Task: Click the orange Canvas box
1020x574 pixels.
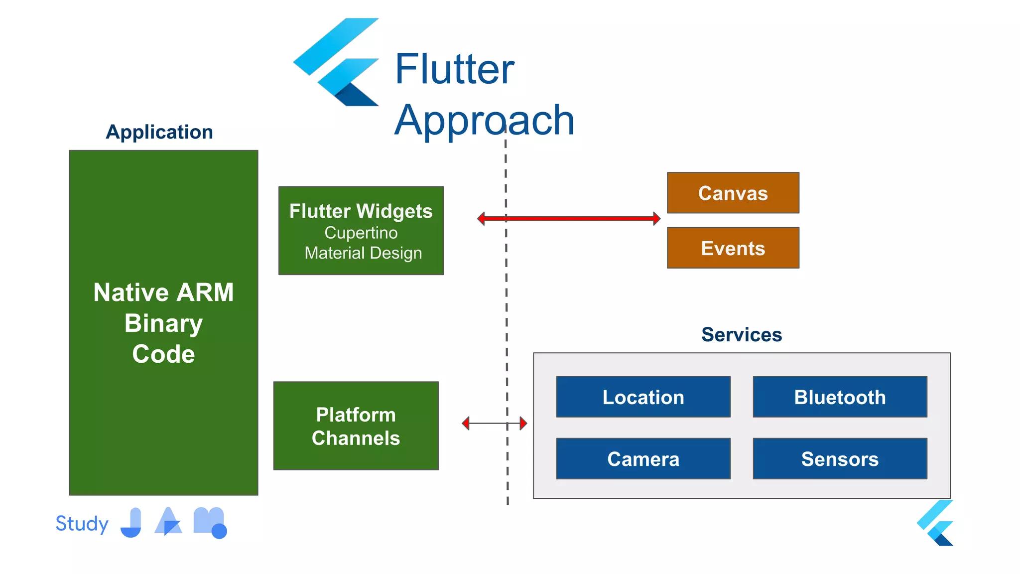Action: pos(733,193)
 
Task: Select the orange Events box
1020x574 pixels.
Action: pos(733,248)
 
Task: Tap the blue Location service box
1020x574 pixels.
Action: pos(643,397)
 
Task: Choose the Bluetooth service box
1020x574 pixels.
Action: pos(840,397)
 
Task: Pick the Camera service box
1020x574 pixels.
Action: pos(643,458)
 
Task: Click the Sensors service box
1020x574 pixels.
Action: pos(840,458)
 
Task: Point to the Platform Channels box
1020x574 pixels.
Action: pos(356,426)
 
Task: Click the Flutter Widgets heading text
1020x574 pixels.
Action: pos(361,211)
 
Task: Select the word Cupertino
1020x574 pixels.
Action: pos(361,233)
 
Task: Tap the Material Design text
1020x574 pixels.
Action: pos(363,253)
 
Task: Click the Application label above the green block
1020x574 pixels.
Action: pos(159,132)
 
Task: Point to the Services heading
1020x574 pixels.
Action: pos(742,334)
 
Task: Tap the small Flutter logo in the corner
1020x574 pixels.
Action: pos(936,523)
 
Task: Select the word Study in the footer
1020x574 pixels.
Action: pos(82,524)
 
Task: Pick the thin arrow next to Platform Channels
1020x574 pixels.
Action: pos(494,424)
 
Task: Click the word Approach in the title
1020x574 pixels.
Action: pos(484,120)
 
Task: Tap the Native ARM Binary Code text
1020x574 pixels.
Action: pos(163,323)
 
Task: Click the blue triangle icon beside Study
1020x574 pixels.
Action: pos(168,522)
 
